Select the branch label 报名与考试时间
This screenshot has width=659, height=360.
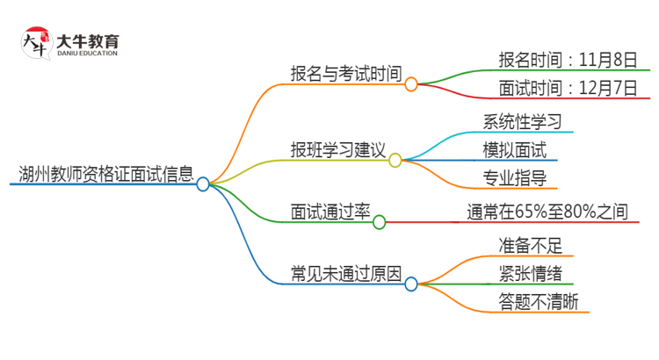tap(346, 73)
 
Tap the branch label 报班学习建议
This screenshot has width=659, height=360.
tap(338, 149)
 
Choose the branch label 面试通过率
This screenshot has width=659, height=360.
tap(330, 212)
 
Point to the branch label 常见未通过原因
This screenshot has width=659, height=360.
tap(346, 273)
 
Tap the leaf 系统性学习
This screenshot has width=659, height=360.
tap(522, 121)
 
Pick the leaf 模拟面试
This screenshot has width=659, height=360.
tap(514, 149)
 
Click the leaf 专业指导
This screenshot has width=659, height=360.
tap(514, 178)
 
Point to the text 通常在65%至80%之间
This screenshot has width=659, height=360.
tap(547, 212)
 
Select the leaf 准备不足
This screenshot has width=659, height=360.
tap(514, 244)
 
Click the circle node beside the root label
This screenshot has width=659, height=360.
tap(203, 184)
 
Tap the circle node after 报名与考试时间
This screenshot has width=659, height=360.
tap(410, 84)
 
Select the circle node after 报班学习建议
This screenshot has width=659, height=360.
tap(395, 161)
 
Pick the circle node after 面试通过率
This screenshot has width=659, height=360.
tap(380, 223)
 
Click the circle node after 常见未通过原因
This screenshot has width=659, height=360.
tap(410, 284)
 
